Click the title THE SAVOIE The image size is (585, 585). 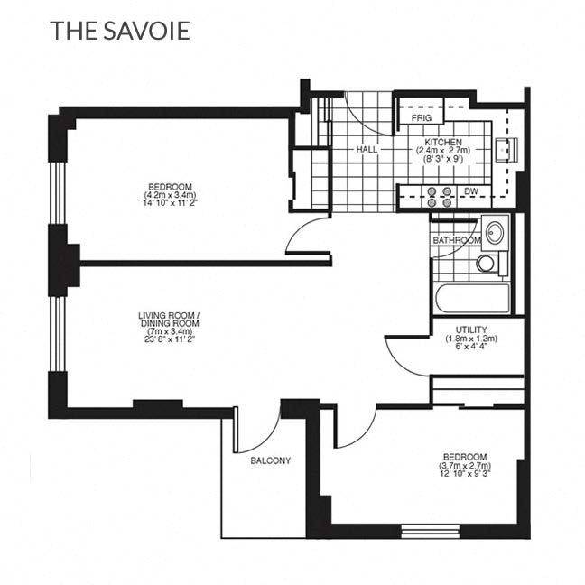pos(120,32)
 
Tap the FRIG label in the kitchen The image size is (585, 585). pos(421,118)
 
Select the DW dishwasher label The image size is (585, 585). pos(470,191)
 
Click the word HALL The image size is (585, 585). pos(367,149)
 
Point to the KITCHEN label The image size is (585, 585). pos(443,143)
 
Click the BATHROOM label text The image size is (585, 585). pos(455,240)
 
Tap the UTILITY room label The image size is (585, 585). pos(472,330)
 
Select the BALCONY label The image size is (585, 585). pos(271,460)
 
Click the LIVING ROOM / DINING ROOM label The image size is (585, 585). pos(169,319)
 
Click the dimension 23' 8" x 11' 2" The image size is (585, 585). pos(169,339)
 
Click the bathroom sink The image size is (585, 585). pos(494,233)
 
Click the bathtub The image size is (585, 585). pos(471,297)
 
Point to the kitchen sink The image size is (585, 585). pos(503,148)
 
